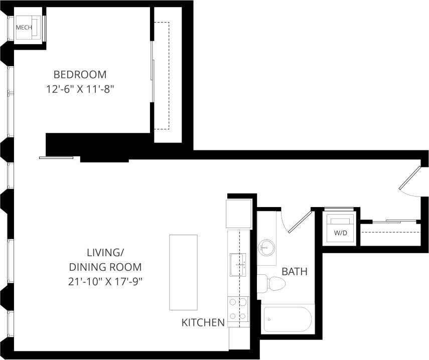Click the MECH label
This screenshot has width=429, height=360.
[24, 28]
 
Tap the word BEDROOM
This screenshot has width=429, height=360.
[80, 75]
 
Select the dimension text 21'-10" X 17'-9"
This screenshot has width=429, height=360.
[105, 281]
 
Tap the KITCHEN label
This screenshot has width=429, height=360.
[203, 322]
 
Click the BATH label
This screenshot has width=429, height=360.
[295, 272]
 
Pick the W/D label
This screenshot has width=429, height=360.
[341, 233]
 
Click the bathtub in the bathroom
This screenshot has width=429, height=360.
[288, 319]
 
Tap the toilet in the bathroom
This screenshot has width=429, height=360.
[273, 284]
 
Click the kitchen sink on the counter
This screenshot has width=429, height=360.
[237, 264]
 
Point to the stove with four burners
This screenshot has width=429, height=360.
[238, 309]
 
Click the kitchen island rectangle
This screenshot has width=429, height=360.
[183, 272]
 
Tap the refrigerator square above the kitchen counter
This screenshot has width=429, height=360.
[239, 214]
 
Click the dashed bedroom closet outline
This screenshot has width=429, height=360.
[162, 75]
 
